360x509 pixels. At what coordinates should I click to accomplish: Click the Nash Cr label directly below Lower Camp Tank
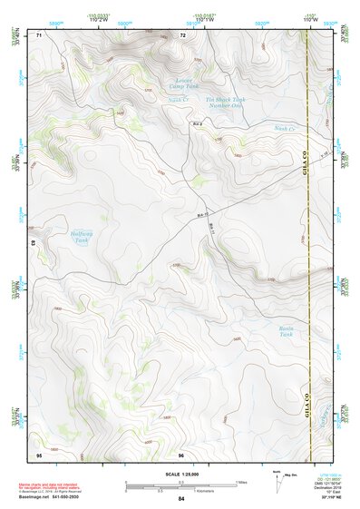(x=177, y=100)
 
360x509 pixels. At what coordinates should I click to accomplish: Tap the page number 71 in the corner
(x=39, y=34)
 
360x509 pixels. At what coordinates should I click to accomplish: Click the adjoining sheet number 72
(x=182, y=34)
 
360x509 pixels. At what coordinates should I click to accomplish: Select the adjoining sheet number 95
(x=39, y=454)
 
